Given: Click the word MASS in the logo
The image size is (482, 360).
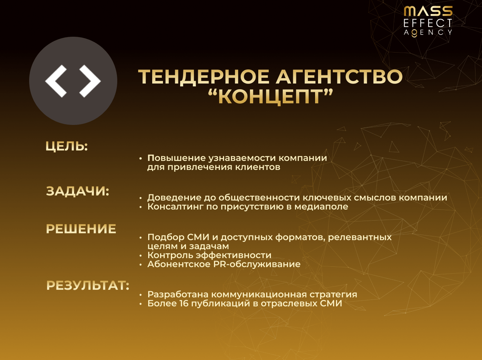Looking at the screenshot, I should pyautogui.click(x=428, y=11).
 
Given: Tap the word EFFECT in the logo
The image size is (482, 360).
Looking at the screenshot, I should pyautogui.click(x=428, y=23).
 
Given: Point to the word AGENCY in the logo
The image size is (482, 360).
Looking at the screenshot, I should pyautogui.click(x=428, y=32).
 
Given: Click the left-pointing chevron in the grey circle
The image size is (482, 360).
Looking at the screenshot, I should pyautogui.click(x=56, y=81).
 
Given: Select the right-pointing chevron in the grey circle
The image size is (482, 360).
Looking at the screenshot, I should pyautogui.click(x=90, y=81).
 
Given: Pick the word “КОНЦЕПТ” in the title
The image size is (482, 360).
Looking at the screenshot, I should pyautogui.click(x=270, y=96).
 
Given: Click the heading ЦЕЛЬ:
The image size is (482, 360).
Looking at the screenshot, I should pyautogui.click(x=67, y=147).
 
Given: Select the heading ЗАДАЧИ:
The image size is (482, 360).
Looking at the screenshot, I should pyautogui.click(x=77, y=191).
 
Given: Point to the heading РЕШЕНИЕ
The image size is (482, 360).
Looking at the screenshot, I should pyautogui.click(x=81, y=229).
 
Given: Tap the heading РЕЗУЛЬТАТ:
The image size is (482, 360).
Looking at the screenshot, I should pyautogui.click(x=87, y=285).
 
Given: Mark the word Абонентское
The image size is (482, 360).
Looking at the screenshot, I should pyautogui.click(x=179, y=264).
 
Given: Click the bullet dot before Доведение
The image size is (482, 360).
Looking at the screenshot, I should pyautogui.click(x=141, y=198).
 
